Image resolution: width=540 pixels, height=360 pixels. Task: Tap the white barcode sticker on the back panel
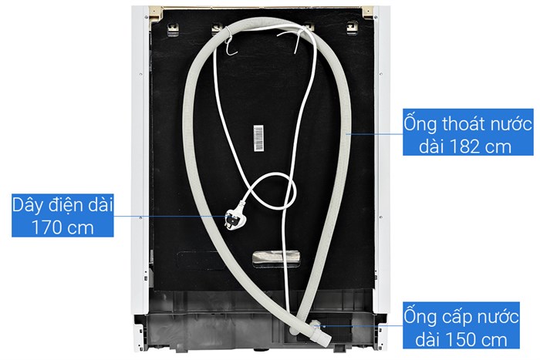[x=258, y=138]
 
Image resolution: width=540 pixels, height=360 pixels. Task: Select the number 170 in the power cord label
[x=47, y=228]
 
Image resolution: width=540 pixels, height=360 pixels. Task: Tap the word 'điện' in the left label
[x=66, y=205]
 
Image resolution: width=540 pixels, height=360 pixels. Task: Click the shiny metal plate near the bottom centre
[x=275, y=258]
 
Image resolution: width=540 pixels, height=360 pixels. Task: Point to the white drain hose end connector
[x=320, y=332]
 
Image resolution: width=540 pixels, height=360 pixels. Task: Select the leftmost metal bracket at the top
[x=173, y=29]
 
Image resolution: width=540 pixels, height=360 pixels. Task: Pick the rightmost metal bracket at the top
[x=352, y=28]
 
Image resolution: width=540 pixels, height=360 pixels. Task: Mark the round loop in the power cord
[x=272, y=190]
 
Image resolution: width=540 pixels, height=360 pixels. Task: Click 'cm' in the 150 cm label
[x=494, y=341]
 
